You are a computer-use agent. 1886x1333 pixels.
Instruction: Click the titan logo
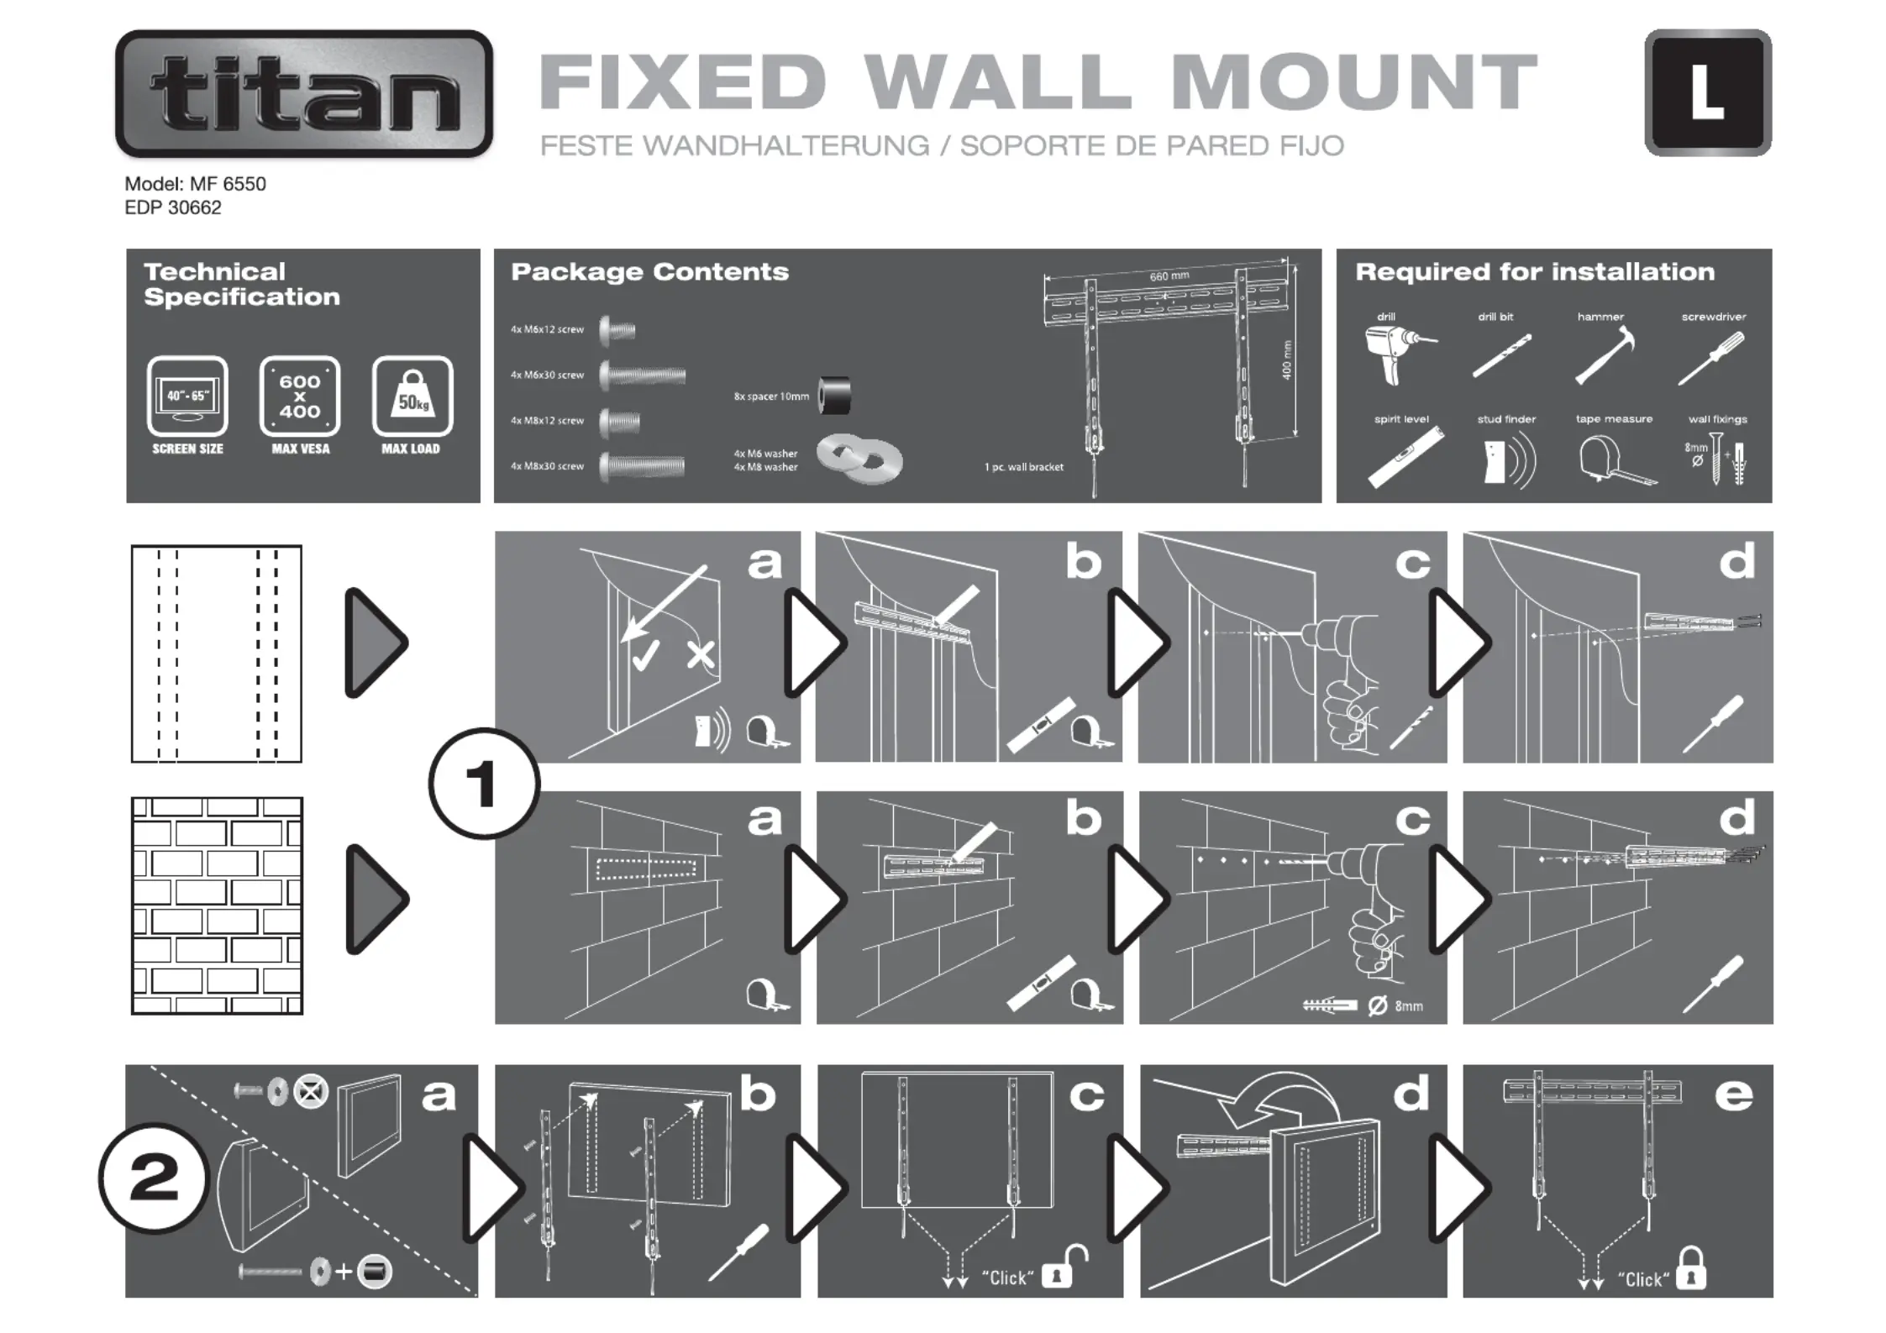coord(304,93)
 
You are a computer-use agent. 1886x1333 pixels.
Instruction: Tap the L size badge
coord(1708,93)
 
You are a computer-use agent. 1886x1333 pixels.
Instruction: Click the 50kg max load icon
coord(412,396)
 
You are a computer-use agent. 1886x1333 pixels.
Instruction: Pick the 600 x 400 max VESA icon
coord(300,396)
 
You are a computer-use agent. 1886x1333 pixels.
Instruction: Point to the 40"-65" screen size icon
coord(187,396)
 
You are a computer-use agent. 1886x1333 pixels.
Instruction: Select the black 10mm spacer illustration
coord(835,396)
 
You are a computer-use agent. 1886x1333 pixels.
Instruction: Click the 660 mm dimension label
coord(1169,276)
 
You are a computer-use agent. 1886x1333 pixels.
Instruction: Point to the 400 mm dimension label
coord(1287,359)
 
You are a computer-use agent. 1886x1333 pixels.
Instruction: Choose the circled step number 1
coord(484,784)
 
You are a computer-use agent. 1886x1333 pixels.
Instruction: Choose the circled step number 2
coord(153,1178)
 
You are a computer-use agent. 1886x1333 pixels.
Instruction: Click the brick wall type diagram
coord(217,905)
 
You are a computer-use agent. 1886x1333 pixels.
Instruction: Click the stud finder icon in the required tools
coord(1505,461)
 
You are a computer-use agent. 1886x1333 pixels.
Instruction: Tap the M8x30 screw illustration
coord(643,465)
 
